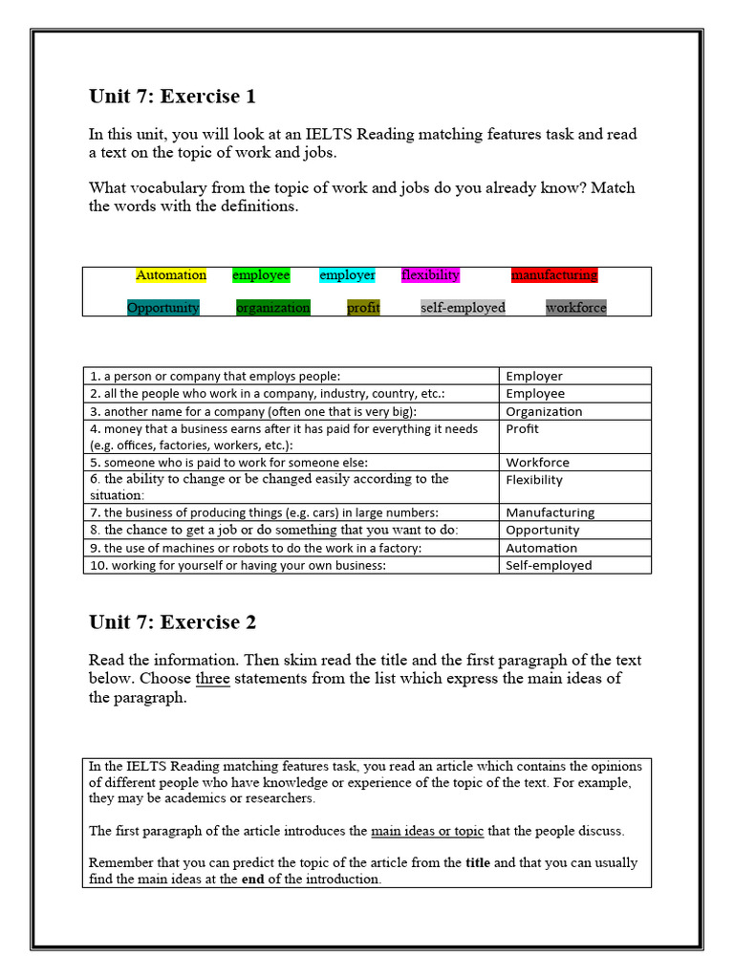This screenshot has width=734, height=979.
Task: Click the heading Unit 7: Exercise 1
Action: [172, 97]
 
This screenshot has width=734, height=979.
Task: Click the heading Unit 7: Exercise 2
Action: [172, 622]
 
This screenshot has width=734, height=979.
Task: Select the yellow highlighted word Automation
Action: [171, 275]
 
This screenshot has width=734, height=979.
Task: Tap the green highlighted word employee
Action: [261, 275]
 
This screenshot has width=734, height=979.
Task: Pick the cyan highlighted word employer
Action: [347, 275]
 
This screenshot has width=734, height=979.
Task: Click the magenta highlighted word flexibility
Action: [430, 275]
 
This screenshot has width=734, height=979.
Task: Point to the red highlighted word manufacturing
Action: [554, 275]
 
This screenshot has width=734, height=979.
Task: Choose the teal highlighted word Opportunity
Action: [163, 308]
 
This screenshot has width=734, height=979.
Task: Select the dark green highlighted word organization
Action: [273, 308]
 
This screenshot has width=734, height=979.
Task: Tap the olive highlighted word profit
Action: [363, 308]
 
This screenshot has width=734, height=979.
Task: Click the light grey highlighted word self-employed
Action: [464, 308]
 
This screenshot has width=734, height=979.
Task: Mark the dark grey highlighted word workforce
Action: [576, 308]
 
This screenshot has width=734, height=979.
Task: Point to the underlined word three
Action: [212, 679]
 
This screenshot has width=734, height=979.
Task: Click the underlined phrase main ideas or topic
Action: [427, 831]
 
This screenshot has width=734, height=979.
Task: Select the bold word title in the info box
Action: [478, 862]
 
